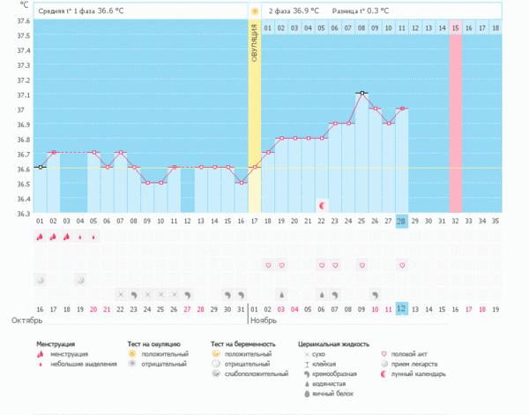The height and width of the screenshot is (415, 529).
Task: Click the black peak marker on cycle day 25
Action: pyautogui.click(x=361, y=93)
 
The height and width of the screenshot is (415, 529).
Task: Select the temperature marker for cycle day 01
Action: pyautogui.click(x=40, y=167)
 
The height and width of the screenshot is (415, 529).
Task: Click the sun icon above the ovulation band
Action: pyautogui.click(x=255, y=11)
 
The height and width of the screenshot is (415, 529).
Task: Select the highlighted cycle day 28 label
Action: pyautogui.click(x=402, y=220)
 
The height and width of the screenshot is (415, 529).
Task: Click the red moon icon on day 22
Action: pyautogui.click(x=322, y=205)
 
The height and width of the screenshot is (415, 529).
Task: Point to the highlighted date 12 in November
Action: pyautogui.click(x=402, y=308)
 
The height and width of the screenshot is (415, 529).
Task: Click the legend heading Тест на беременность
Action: pyautogui.click(x=243, y=343)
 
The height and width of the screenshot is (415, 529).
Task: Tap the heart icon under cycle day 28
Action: pyautogui.click(x=402, y=264)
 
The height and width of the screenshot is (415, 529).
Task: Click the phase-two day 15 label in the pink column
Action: pyautogui.click(x=456, y=28)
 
